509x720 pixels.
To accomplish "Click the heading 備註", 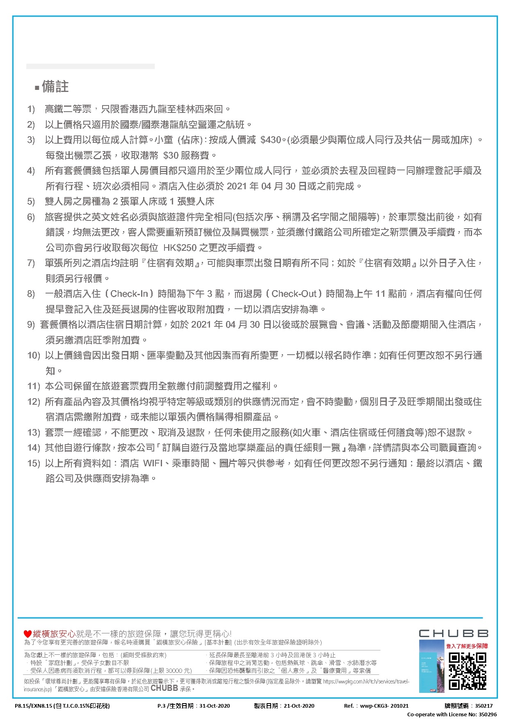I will click(55, 87).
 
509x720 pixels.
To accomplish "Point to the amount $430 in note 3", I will click(271, 140).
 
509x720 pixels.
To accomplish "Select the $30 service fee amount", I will click(171, 156).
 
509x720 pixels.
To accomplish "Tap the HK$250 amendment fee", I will click(180, 248).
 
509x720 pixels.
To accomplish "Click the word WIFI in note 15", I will click(153, 463).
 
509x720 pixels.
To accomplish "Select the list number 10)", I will click(34, 355).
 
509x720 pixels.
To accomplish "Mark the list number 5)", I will click(31, 202).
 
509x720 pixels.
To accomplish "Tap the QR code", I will click(468, 671).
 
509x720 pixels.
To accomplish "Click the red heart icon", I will click(27, 634).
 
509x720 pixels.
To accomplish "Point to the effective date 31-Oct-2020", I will click(215, 706).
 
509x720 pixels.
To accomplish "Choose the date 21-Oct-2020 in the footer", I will click(299, 706).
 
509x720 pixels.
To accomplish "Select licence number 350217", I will click(484, 706).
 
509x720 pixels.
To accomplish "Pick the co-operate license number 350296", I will click(488, 714).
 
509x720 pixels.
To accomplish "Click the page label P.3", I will click(161, 706).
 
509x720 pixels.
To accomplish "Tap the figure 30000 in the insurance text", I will click(174, 671).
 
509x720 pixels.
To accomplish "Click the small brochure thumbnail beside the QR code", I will click(431, 667).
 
